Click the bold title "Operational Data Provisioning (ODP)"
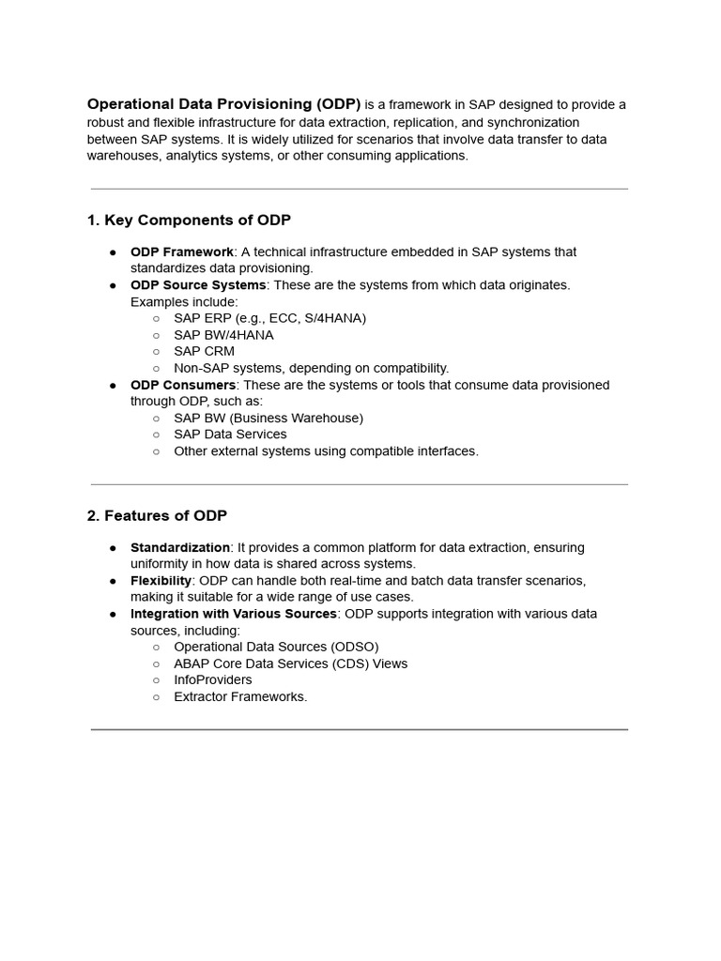pos(223,104)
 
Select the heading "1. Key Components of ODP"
pos(189,220)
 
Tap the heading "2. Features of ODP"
pos(157,515)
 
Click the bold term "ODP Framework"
pos(181,252)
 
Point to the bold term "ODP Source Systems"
pos(198,284)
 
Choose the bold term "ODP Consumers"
pos(183,385)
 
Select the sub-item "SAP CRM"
pos(204,351)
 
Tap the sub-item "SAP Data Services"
pos(230,435)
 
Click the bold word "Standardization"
pos(179,547)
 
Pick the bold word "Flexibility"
pos(161,580)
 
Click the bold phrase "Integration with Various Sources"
pos(233,614)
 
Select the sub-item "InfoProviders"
pos(212,679)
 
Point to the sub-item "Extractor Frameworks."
pos(240,696)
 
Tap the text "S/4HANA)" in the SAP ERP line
pos(338,318)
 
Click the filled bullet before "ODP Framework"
pos(113,252)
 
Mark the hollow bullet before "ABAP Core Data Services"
pos(156,664)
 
